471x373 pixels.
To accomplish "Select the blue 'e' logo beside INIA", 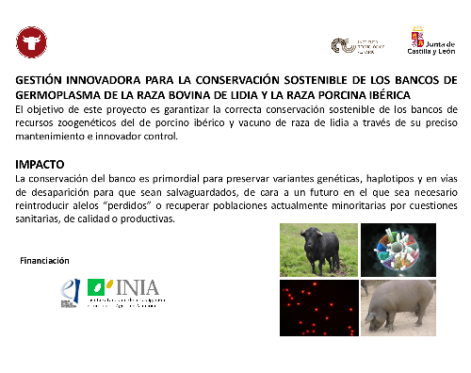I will click(70, 293).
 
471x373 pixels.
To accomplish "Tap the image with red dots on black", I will click(318, 308).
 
